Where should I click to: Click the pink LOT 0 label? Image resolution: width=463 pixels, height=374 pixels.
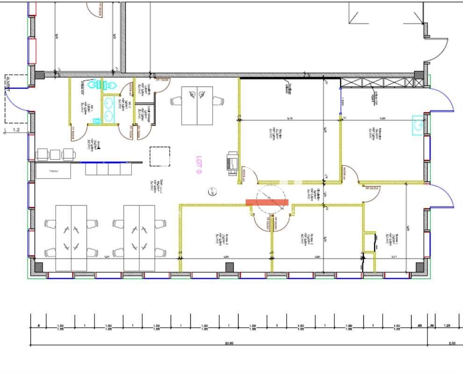coord(199,165)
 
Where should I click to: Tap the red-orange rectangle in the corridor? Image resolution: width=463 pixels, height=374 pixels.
coord(267,202)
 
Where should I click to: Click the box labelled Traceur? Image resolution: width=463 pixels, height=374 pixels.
coord(54,171)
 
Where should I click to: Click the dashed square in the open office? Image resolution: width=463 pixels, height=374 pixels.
coord(159,157)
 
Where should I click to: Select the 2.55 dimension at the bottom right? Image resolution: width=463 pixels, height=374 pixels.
coord(452,343)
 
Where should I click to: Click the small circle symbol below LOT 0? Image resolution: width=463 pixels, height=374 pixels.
coord(212,190)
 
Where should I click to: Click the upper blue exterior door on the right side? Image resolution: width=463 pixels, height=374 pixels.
coord(442,100)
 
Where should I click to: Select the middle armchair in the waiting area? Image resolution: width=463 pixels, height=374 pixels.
coord(55,154)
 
